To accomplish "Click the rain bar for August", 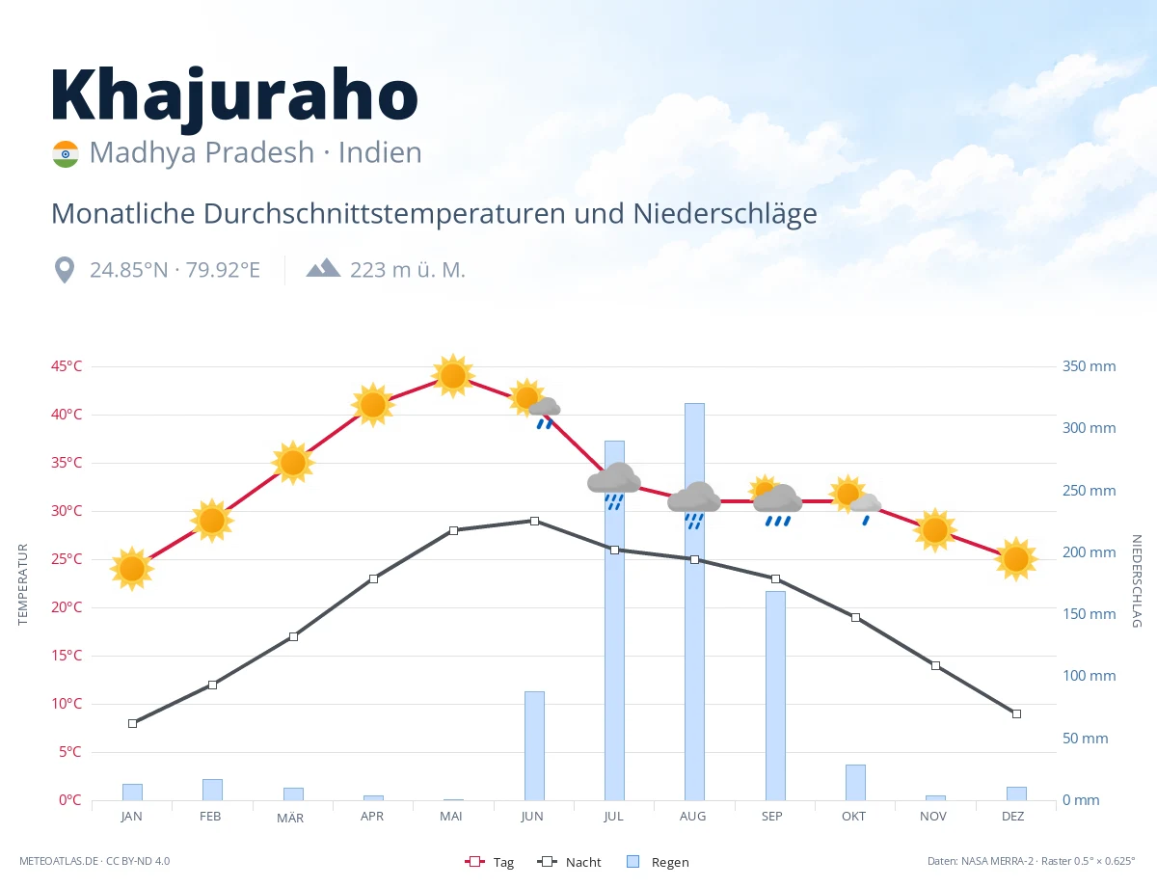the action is tap(694, 602).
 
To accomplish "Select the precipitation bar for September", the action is tap(775, 695).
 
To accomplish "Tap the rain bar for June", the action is tap(534, 745).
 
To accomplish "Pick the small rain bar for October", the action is tap(855, 782).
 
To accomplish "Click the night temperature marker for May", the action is tap(454, 531).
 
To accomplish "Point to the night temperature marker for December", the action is tap(1016, 714).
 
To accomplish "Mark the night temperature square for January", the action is tap(133, 723).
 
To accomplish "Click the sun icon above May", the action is tap(453, 376).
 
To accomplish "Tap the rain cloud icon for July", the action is tap(614, 486).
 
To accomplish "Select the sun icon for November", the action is tap(935, 530).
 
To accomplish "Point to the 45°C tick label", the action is tap(67, 366).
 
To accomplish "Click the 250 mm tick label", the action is tap(1089, 491).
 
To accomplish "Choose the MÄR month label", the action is tap(290, 818).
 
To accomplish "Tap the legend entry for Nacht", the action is tap(569, 862).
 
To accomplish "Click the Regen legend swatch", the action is tap(632, 861).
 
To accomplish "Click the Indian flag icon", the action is tap(66, 154).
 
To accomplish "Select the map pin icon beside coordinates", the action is tap(65, 270).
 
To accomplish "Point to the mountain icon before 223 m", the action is tap(323, 268).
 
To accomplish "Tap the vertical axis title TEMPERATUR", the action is tap(22, 584).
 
